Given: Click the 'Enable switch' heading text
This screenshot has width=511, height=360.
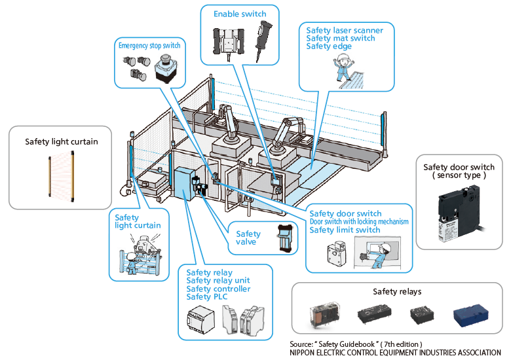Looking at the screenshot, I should (240, 13).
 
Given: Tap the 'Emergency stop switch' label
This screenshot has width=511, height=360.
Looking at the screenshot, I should (149, 45).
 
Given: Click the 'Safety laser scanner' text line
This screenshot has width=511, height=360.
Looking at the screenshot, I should (345, 30).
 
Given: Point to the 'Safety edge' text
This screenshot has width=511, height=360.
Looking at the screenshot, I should (329, 46).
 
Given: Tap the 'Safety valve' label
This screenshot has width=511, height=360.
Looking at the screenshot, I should (248, 238).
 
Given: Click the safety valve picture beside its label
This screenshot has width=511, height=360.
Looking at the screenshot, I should (283, 238).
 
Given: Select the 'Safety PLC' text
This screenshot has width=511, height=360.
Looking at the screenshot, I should (209, 297).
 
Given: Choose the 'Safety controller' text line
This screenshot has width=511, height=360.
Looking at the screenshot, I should (218, 289).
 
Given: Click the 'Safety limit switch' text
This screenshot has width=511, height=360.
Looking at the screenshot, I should (345, 230).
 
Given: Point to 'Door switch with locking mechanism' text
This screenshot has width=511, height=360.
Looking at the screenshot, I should (359, 221).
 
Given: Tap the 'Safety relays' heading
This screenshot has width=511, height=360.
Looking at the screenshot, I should (397, 291).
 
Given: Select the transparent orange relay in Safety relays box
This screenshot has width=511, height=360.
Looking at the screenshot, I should (324, 317).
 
